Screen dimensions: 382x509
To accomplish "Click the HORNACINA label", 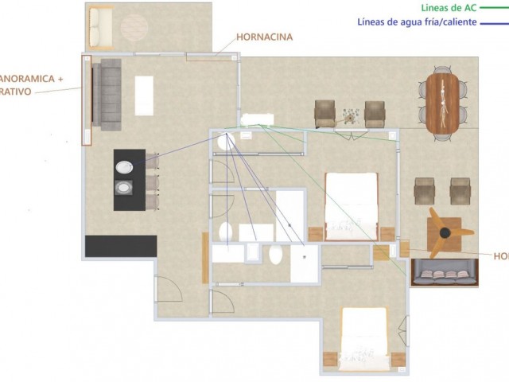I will (x=264, y=37).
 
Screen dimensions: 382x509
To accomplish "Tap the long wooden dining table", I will (x=442, y=103).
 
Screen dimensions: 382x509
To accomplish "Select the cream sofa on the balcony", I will (x=101, y=28).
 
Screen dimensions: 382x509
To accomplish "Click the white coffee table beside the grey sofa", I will (x=144, y=95).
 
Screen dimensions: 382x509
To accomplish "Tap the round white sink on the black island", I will (x=126, y=167).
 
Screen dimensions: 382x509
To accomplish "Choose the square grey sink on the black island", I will (x=126, y=189).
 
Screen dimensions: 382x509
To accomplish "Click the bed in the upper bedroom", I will (x=350, y=206).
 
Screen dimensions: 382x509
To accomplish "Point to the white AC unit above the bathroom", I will (x=256, y=120).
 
